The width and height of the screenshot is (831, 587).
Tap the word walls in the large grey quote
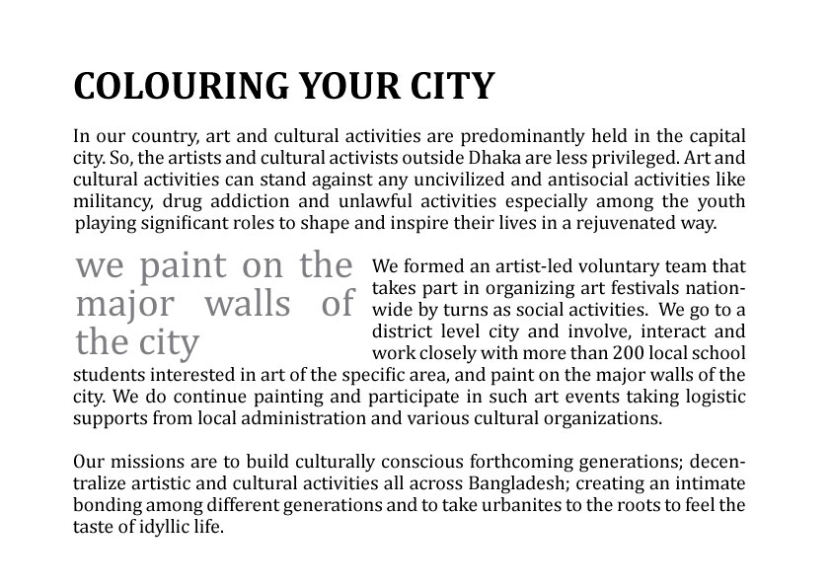coord(247,305)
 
